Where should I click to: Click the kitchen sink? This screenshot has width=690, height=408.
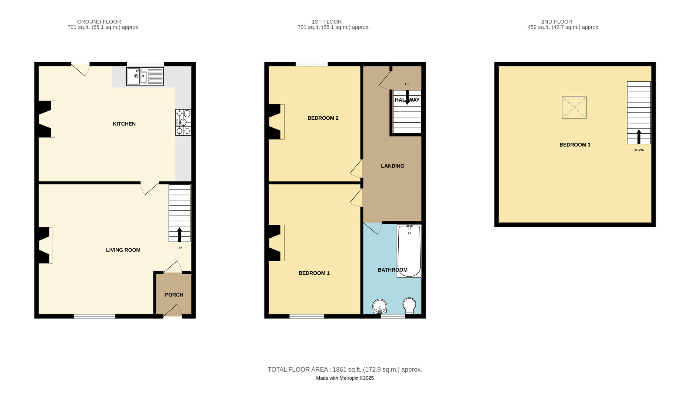[145, 77]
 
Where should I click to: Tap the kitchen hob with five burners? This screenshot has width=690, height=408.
[183, 122]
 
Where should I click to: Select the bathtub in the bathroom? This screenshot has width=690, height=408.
[409, 251]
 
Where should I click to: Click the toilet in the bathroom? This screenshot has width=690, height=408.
[409, 305]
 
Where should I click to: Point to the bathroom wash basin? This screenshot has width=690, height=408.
[380, 306]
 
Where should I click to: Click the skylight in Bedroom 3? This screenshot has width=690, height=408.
[574, 108]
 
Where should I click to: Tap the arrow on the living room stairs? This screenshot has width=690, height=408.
[180, 234]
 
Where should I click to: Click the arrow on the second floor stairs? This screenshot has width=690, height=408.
[639, 137]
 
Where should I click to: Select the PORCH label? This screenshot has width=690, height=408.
[174, 295]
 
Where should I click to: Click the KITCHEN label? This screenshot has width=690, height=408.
[124, 124]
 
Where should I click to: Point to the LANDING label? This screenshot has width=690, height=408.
[392, 166]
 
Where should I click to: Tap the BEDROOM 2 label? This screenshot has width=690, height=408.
[323, 118]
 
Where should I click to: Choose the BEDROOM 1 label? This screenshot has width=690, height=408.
[314, 273]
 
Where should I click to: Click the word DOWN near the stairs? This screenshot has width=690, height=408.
[639, 150]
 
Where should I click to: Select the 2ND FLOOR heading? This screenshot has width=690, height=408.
[557, 22]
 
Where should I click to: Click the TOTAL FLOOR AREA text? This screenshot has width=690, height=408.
[345, 369]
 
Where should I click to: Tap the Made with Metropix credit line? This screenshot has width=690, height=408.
[345, 378]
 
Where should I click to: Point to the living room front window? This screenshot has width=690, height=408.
[94, 316]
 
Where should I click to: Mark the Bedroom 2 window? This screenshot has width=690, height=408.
[312, 64]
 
